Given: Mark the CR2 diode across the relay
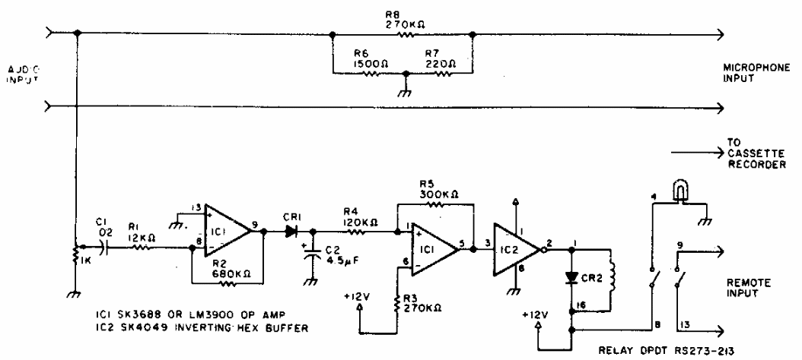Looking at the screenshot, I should pos(571,276).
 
